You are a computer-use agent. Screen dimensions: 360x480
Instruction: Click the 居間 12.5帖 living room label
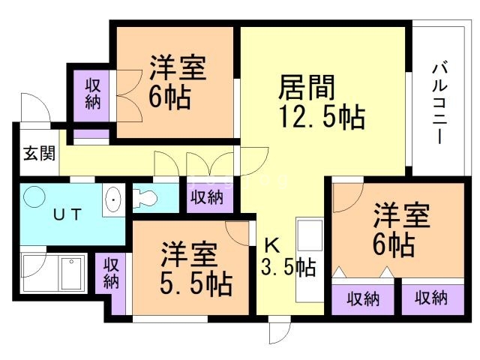click(321, 103)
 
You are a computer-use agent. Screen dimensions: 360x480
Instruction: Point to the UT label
click(68, 213)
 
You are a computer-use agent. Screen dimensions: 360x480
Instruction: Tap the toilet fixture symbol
click(145, 199)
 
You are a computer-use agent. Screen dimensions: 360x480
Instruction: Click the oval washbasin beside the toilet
click(112, 200)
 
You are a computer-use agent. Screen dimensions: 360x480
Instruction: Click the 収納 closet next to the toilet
click(206, 198)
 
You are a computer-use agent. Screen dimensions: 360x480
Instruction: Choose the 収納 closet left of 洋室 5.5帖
click(111, 272)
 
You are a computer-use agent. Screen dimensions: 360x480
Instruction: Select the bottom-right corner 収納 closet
click(430, 298)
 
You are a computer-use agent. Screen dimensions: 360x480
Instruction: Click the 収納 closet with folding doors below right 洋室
click(362, 298)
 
